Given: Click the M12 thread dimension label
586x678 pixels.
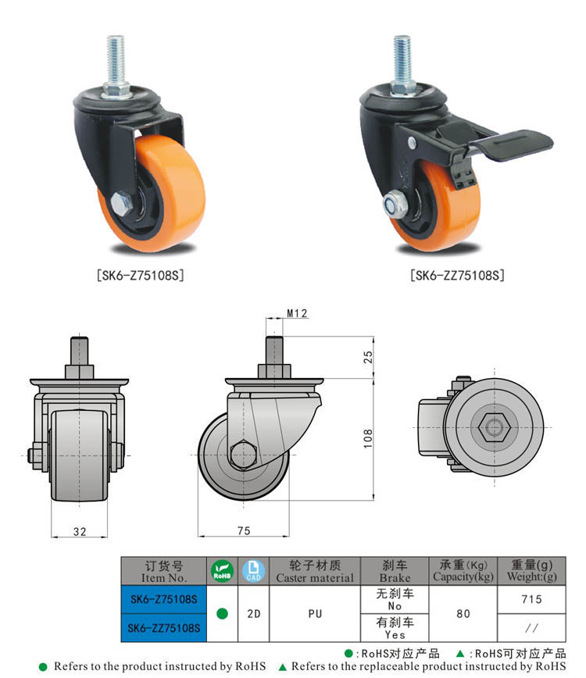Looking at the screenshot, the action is [297, 313].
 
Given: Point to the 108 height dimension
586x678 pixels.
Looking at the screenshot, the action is [367, 438].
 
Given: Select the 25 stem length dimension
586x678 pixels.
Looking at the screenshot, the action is [367, 357].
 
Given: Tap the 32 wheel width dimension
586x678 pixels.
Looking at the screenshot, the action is [80, 531].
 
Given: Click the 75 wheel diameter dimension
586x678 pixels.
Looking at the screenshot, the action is [244, 530].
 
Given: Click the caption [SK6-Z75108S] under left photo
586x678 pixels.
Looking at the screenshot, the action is [140, 275].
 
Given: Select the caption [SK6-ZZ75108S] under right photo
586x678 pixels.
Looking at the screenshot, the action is [457, 275].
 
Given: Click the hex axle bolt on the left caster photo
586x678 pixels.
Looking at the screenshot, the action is [122, 202].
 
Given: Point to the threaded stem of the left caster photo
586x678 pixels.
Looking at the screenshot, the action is [116, 59].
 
